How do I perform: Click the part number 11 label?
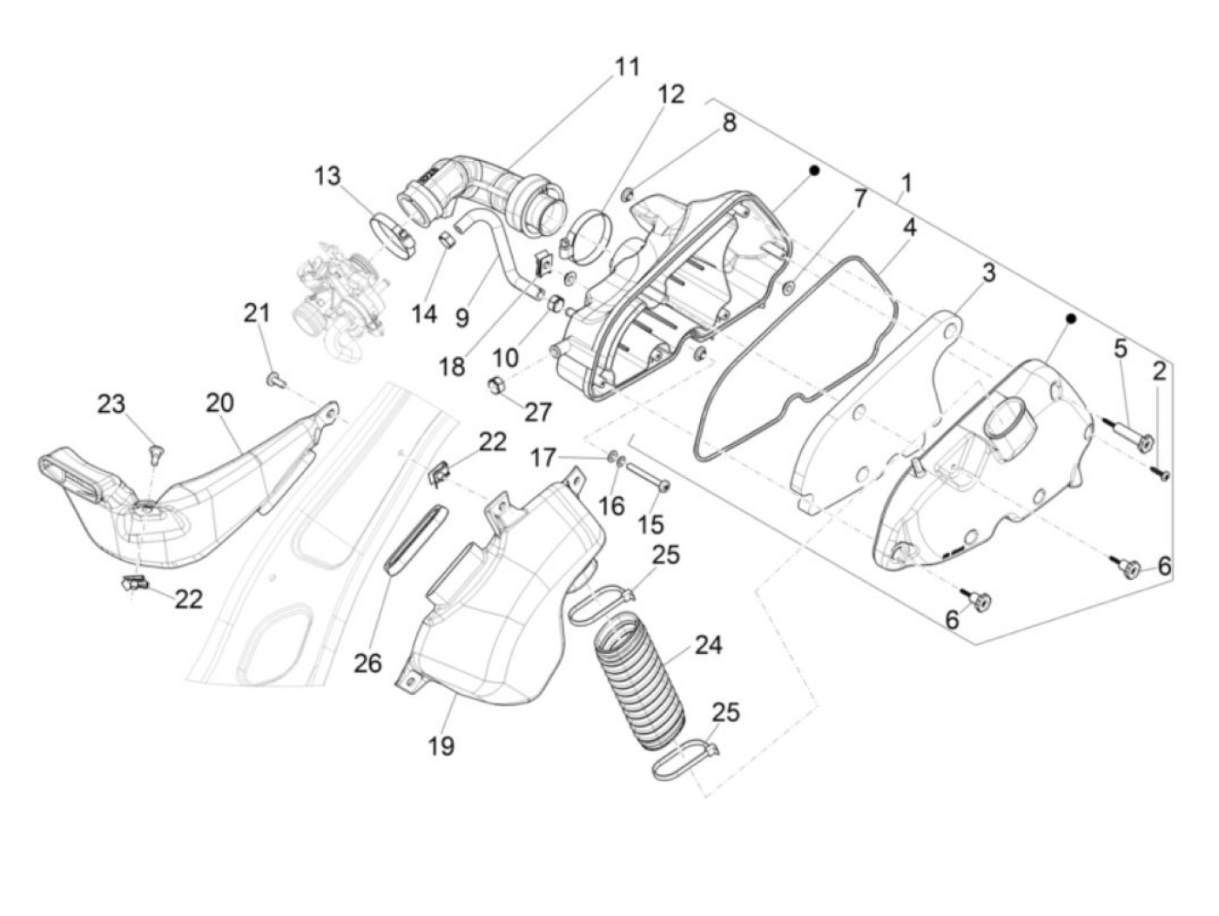coord(627,67)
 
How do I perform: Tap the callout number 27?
coord(539,410)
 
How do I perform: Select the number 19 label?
coord(441,745)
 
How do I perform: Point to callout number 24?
coord(708,645)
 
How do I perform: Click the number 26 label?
coord(367,663)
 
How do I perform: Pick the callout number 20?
coord(220,402)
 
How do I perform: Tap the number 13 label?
coord(328,176)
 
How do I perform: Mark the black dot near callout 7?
coord(815,171)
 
